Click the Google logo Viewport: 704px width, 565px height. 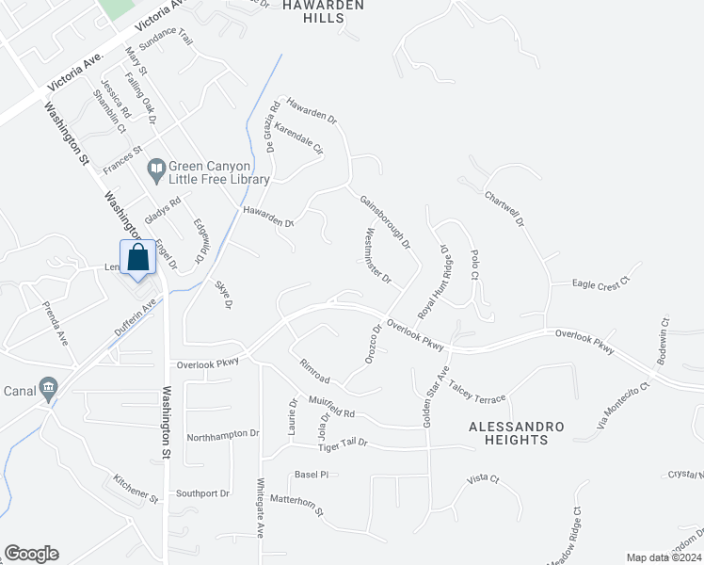coord(31,554)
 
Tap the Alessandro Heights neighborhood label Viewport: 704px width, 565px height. coord(517,433)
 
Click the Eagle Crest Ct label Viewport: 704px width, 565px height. coord(600,282)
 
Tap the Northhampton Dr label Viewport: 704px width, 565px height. coord(222,434)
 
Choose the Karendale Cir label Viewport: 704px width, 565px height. coord(299,142)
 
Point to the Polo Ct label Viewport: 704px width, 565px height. coord(475,265)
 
